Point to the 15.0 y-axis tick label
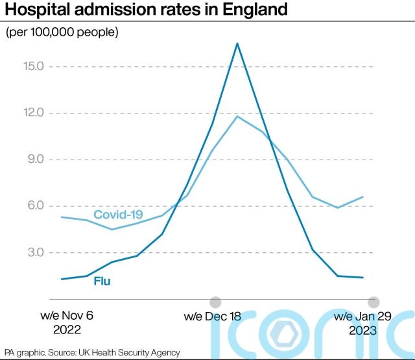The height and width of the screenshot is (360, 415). pos(30,67)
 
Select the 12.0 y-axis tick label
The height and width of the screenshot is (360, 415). pos(30,113)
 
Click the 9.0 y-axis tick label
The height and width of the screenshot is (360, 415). pos(32,160)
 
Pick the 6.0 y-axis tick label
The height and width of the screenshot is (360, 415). pos(32,206)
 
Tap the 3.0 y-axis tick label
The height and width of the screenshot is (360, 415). pos(32,252)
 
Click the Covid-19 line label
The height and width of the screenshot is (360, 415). pos(119,215)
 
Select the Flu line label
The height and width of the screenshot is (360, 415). pos(102,282)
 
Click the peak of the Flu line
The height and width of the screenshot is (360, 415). pos(237,43)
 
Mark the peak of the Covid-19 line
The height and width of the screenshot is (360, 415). pos(237,116)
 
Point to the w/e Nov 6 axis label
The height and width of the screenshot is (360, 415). pos(67,316)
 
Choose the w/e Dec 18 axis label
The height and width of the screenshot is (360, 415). pos(212,317)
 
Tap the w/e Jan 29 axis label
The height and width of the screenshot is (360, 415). pos(362,316)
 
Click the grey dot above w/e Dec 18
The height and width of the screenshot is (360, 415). pos(215,302)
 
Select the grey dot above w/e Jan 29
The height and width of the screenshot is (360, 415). pos(373,302)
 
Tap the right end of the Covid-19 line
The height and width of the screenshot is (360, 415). pos(363,197)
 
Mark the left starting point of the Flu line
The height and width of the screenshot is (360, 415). pos(61,280)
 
